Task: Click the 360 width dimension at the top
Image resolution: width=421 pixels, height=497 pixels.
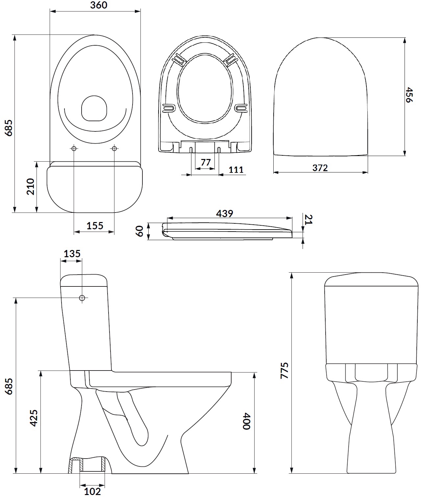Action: click(x=99, y=5)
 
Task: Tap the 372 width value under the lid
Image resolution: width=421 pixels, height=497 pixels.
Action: click(x=320, y=168)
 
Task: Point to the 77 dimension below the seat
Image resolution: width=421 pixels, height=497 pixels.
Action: click(x=206, y=162)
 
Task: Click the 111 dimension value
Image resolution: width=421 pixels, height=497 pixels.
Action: click(x=236, y=169)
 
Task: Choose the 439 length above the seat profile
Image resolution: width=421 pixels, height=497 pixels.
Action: click(x=224, y=214)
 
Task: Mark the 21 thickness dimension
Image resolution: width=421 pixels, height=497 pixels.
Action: click(x=309, y=219)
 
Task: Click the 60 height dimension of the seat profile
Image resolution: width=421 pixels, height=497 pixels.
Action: click(x=140, y=231)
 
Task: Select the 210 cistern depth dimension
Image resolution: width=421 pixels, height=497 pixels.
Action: click(x=30, y=187)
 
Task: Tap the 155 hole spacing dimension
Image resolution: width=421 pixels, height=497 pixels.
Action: click(x=95, y=226)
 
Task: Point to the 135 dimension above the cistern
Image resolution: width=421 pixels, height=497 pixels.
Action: click(x=72, y=254)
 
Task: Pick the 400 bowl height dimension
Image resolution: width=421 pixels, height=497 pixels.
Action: click(x=247, y=421)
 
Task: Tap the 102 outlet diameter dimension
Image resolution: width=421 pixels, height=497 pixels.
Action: click(x=92, y=491)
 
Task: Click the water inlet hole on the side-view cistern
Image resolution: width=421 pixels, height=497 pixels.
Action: click(x=82, y=298)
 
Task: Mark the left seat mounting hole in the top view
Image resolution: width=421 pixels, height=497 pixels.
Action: click(x=74, y=148)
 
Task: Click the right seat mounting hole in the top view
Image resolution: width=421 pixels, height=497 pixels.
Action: click(x=114, y=148)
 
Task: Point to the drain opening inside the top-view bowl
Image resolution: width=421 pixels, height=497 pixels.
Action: click(x=94, y=108)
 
